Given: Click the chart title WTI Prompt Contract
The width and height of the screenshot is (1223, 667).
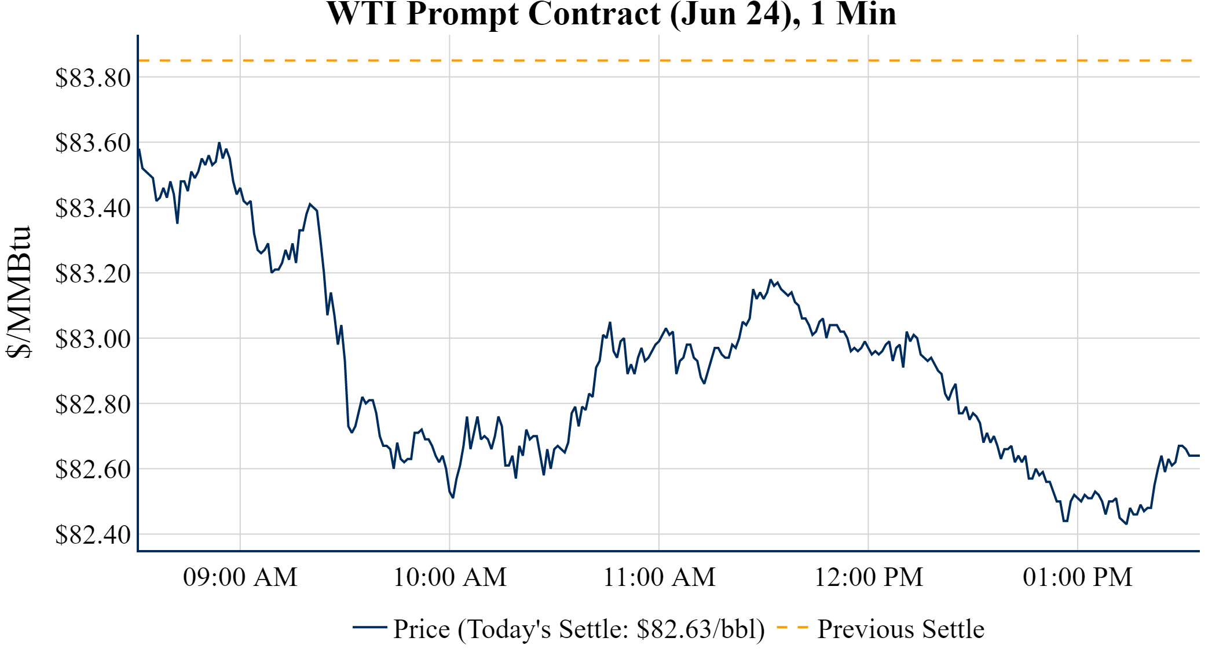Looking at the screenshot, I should [x=611, y=14].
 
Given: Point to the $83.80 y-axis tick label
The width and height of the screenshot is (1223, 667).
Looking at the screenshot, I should [x=93, y=78].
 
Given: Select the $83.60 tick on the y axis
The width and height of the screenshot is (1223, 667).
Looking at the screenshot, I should [x=93, y=143].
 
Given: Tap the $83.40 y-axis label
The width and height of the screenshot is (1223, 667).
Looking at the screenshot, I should [x=93, y=208].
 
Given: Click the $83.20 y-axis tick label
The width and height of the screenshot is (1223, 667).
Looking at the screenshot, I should [x=93, y=274].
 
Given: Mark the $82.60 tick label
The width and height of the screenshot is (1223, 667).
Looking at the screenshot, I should [x=93, y=470].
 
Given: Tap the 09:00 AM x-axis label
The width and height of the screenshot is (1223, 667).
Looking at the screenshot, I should [x=240, y=577].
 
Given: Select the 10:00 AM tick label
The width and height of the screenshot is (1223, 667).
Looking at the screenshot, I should [x=450, y=577].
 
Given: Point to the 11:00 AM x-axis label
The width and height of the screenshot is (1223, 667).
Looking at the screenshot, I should [x=660, y=577].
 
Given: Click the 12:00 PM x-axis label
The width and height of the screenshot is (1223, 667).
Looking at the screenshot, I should [x=869, y=577].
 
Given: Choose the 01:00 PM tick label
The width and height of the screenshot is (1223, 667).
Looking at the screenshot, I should [x=1078, y=577].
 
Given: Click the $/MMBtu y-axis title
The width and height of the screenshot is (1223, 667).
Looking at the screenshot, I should [x=19, y=292].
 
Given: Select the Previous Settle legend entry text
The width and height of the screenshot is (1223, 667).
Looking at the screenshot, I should [x=900, y=629].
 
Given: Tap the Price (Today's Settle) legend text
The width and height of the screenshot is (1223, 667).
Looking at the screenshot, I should [x=579, y=629].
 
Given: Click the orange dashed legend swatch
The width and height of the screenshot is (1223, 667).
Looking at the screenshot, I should [x=792, y=627].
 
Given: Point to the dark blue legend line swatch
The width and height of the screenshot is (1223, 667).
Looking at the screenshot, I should [x=369, y=627].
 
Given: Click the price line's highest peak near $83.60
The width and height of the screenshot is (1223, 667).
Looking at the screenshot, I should [x=219, y=143].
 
